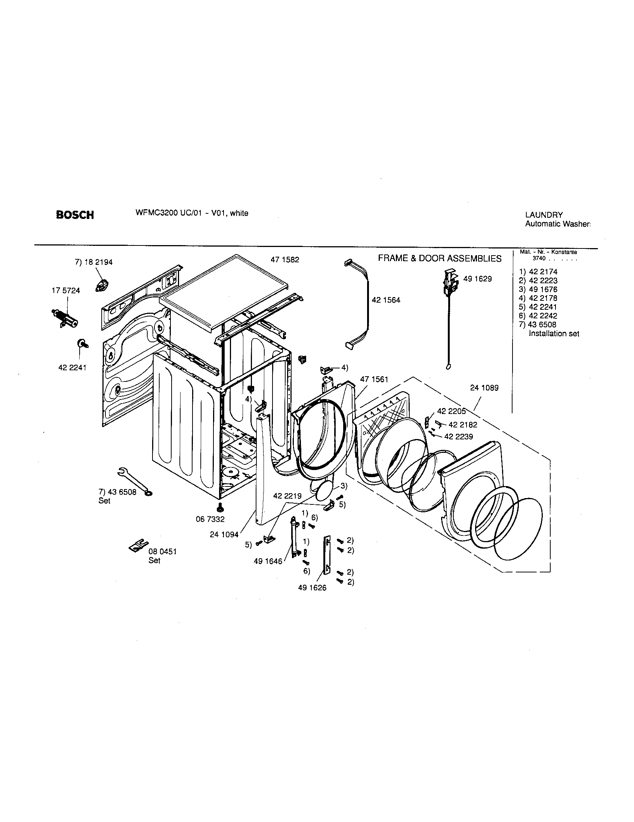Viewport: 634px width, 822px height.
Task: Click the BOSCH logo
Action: [x=75, y=215]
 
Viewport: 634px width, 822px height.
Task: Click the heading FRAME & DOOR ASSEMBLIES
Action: [x=439, y=259]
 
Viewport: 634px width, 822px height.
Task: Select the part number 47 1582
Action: [x=284, y=260]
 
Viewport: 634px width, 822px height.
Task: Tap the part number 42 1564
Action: [x=386, y=300]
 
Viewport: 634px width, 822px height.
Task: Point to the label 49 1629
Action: [x=477, y=279]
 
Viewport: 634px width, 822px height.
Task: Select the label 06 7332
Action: [x=210, y=519]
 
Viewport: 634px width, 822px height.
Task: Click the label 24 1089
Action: [x=484, y=388]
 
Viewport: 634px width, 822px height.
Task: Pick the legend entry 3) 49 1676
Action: [x=538, y=290]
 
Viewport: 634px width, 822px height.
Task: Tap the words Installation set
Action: [x=554, y=333]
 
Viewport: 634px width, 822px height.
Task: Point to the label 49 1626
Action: [x=312, y=588]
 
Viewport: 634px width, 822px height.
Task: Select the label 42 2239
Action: [x=459, y=436]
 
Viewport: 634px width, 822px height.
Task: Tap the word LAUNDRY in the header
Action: [x=544, y=215]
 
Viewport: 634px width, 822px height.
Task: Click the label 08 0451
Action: [x=163, y=551]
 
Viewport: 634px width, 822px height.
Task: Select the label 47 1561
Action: [x=374, y=379]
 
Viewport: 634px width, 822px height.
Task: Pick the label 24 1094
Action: [x=224, y=534]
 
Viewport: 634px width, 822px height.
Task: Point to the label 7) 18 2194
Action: [x=94, y=262]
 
